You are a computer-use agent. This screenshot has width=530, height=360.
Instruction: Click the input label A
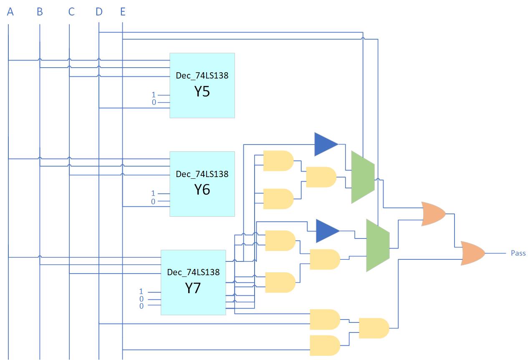point(10,12)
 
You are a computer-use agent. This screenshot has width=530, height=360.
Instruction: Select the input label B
point(40,12)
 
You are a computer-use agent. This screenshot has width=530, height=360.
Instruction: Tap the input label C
point(71,12)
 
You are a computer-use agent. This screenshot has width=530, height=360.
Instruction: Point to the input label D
point(99,12)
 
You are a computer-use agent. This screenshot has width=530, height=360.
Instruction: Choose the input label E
point(123,12)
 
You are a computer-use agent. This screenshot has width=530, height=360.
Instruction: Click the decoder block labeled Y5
point(202,85)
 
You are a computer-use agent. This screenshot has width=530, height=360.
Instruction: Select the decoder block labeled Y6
point(202,184)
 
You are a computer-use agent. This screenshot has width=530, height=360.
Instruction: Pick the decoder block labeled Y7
point(193,282)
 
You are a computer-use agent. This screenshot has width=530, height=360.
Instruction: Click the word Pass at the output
point(518,253)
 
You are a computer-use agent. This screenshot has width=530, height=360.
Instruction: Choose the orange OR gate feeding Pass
point(472,253)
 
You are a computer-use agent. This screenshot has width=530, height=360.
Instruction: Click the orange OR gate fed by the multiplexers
point(433,214)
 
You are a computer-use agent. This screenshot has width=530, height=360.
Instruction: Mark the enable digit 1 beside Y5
point(154,95)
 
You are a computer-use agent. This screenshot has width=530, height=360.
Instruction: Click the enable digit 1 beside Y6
point(153,193)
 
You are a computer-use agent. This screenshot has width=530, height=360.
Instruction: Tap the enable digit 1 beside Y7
point(141,292)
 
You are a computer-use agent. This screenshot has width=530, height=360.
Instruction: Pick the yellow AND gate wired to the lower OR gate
point(374,328)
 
